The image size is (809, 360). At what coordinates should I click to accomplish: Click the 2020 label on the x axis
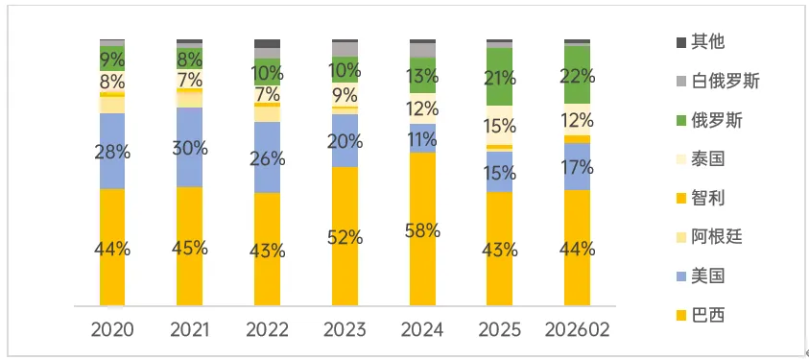[x=112, y=330]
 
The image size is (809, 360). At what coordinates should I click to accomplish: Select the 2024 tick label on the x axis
[x=422, y=330]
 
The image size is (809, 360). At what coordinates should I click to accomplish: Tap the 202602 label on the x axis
[x=577, y=330]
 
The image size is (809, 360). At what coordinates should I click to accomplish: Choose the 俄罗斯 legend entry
[x=720, y=121]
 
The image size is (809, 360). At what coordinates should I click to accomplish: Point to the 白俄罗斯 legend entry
[x=727, y=82]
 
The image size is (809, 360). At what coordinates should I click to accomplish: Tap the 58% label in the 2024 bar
[x=422, y=230]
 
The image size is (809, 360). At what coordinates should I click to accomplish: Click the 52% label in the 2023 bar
[x=345, y=237]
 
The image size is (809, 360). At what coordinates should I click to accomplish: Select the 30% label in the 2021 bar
[x=190, y=147]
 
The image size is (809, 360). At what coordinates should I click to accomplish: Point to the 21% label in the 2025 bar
[x=499, y=77]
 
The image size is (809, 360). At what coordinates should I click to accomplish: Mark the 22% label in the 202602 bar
[x=577, y=76]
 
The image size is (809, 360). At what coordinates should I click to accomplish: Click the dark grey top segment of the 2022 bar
[x=267, y=44]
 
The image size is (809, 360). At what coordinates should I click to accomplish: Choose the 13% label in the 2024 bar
[x=422, y=76]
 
